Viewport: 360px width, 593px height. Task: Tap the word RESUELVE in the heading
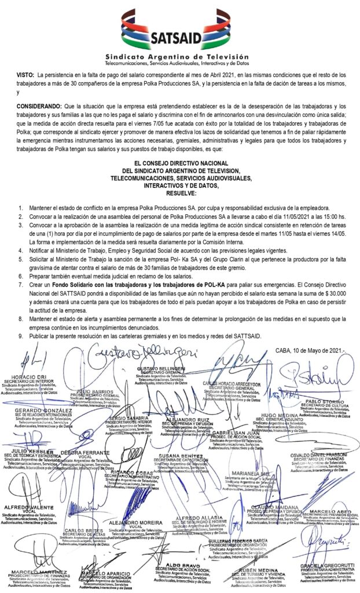pyautogui.click(x=181, y=194)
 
